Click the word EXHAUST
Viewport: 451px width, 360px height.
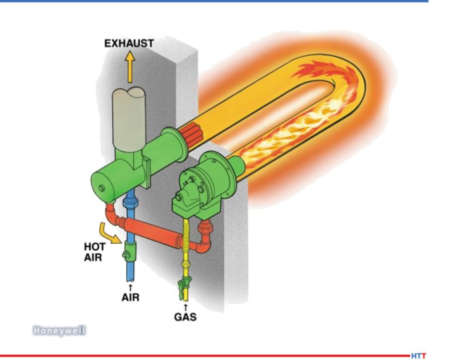click(x=129, y=44)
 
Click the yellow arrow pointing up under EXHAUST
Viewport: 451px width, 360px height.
click(x=130, y=66)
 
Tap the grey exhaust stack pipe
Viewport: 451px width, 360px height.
click(x=129, y=119)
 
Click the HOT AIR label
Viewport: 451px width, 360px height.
click(x=95, y=252)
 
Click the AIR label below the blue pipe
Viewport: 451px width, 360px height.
click(x=130, y=297)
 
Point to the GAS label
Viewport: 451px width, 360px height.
click(x=185, y=317)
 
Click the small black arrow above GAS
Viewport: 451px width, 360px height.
click(x=185, y=307)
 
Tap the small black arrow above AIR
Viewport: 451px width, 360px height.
click(x=131, y=287)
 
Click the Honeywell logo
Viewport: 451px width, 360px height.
click(x=59, y=330)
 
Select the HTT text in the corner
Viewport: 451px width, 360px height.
click(x=418, y=356)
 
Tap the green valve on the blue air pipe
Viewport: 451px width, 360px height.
click(x=130, y=251)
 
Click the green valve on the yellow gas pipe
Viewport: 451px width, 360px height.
click(x=183, y=287)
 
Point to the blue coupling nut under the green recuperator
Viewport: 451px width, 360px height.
click(x=130, y=201)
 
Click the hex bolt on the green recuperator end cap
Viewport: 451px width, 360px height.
click(x=101, y=188)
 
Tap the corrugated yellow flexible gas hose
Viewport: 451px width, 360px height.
click(x=186, y=236)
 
